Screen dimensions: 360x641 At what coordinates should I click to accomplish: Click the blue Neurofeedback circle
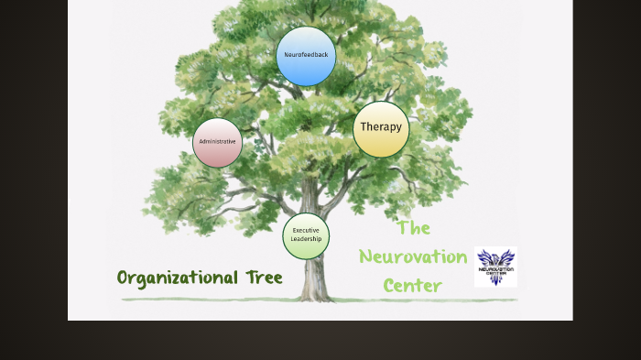pyautogui.click(x=306, y=56)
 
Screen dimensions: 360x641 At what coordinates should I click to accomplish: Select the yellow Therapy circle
pyautogui.click(x=381, y=128)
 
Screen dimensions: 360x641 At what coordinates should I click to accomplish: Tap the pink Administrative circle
pyautogui.click(x=218, y=142)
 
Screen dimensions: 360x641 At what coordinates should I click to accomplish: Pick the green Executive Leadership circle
pyautogui.click(x=306, y=235)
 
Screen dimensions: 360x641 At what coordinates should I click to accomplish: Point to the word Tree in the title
pyautogui.click(x=264, y=278)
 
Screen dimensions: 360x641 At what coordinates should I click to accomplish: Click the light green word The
pyautogui.click(x=413, y=227)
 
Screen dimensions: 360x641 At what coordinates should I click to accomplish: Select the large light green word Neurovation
pyautogui.click(x=413, y=256)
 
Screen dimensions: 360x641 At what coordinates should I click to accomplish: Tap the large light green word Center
pyautogui.click(x=413, y=286)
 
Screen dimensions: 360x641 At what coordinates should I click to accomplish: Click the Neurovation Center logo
pyautogui.click(x=495, y=267)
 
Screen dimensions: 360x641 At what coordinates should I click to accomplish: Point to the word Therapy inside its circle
pyautogui.click(x=381, y=127)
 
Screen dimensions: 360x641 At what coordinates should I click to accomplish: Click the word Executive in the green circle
pyautogui.click(x=306, y=230)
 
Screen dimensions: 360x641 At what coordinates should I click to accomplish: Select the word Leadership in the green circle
pyautogui.click(x=306, y=239)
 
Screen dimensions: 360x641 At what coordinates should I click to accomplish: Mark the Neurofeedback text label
pyautogui.click(x=306, y=55)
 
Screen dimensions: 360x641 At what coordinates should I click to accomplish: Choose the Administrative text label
pyautogui.click(x=218, y=142)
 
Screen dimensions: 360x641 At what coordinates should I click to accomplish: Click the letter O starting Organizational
pyautogui.click(x=124, y=278)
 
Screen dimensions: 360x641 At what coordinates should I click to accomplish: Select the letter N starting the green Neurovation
pyautogui.click(x=365, y=257)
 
